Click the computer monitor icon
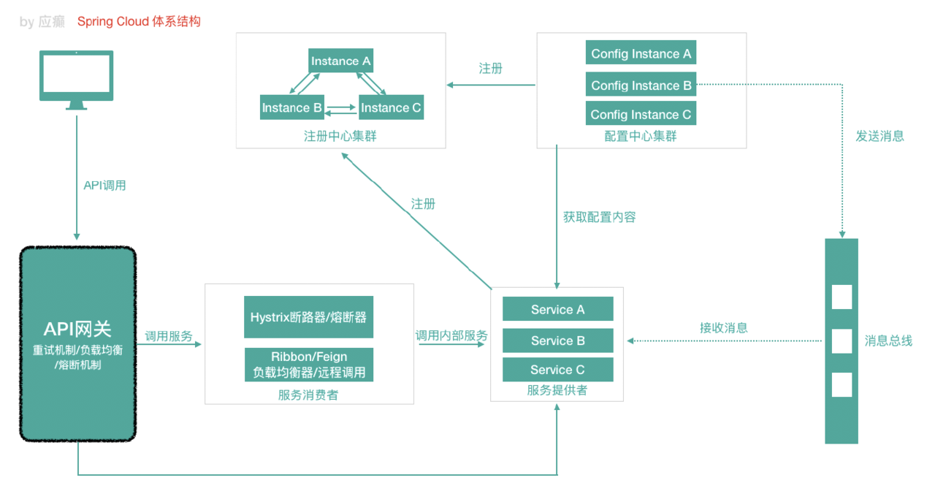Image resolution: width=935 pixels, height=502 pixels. tap(77, 79)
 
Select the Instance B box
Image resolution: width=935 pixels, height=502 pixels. tap(292, 108)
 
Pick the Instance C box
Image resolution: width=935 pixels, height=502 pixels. tap(391, 108)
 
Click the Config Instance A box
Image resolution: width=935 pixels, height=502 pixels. tap(641, 54)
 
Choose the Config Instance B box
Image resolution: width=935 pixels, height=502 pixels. tap(641, 85)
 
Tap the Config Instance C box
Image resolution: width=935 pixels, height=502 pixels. tap(641, 115)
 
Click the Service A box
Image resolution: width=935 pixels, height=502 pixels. tap(557, 310)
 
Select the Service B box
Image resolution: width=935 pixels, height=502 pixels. tap(557, 341)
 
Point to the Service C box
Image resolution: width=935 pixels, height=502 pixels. tap(557, 370)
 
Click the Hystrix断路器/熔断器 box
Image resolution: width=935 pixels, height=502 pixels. tap(308, 317)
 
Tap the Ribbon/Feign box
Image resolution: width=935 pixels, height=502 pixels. tap(308, 365)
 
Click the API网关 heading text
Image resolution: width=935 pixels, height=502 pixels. tap(77, 330)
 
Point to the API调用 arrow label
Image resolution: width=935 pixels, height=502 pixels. tap(104, 186)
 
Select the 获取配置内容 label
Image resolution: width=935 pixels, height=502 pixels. tap(599, 217)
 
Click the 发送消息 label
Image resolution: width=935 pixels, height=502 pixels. tap(879, 136)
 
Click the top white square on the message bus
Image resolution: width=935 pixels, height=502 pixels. tap(841, 297)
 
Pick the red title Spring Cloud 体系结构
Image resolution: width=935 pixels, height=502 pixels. tap(139, 22)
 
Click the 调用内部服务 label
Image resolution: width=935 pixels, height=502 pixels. tap(451, 336)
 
